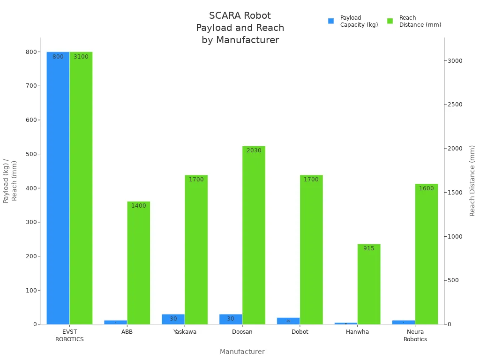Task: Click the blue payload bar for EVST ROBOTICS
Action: [58, 187]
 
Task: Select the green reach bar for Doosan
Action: [254, 234]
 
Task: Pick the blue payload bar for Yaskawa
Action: [173, 319]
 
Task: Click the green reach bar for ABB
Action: [138, 262]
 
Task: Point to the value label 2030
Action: [254, 150]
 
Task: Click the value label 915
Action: [369, 248]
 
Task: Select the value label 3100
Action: [81, 57]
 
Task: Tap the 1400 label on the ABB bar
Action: [138, 206]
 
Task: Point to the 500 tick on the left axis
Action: [31, 154]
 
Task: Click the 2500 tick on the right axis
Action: [455, 105]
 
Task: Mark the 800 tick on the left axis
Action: [31, 52]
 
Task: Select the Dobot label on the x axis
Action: [300, 332]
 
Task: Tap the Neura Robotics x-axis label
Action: [415, 336]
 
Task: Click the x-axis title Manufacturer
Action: [242, 352]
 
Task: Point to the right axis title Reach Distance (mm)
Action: [472, 180]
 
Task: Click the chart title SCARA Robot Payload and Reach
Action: [240, 28]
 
